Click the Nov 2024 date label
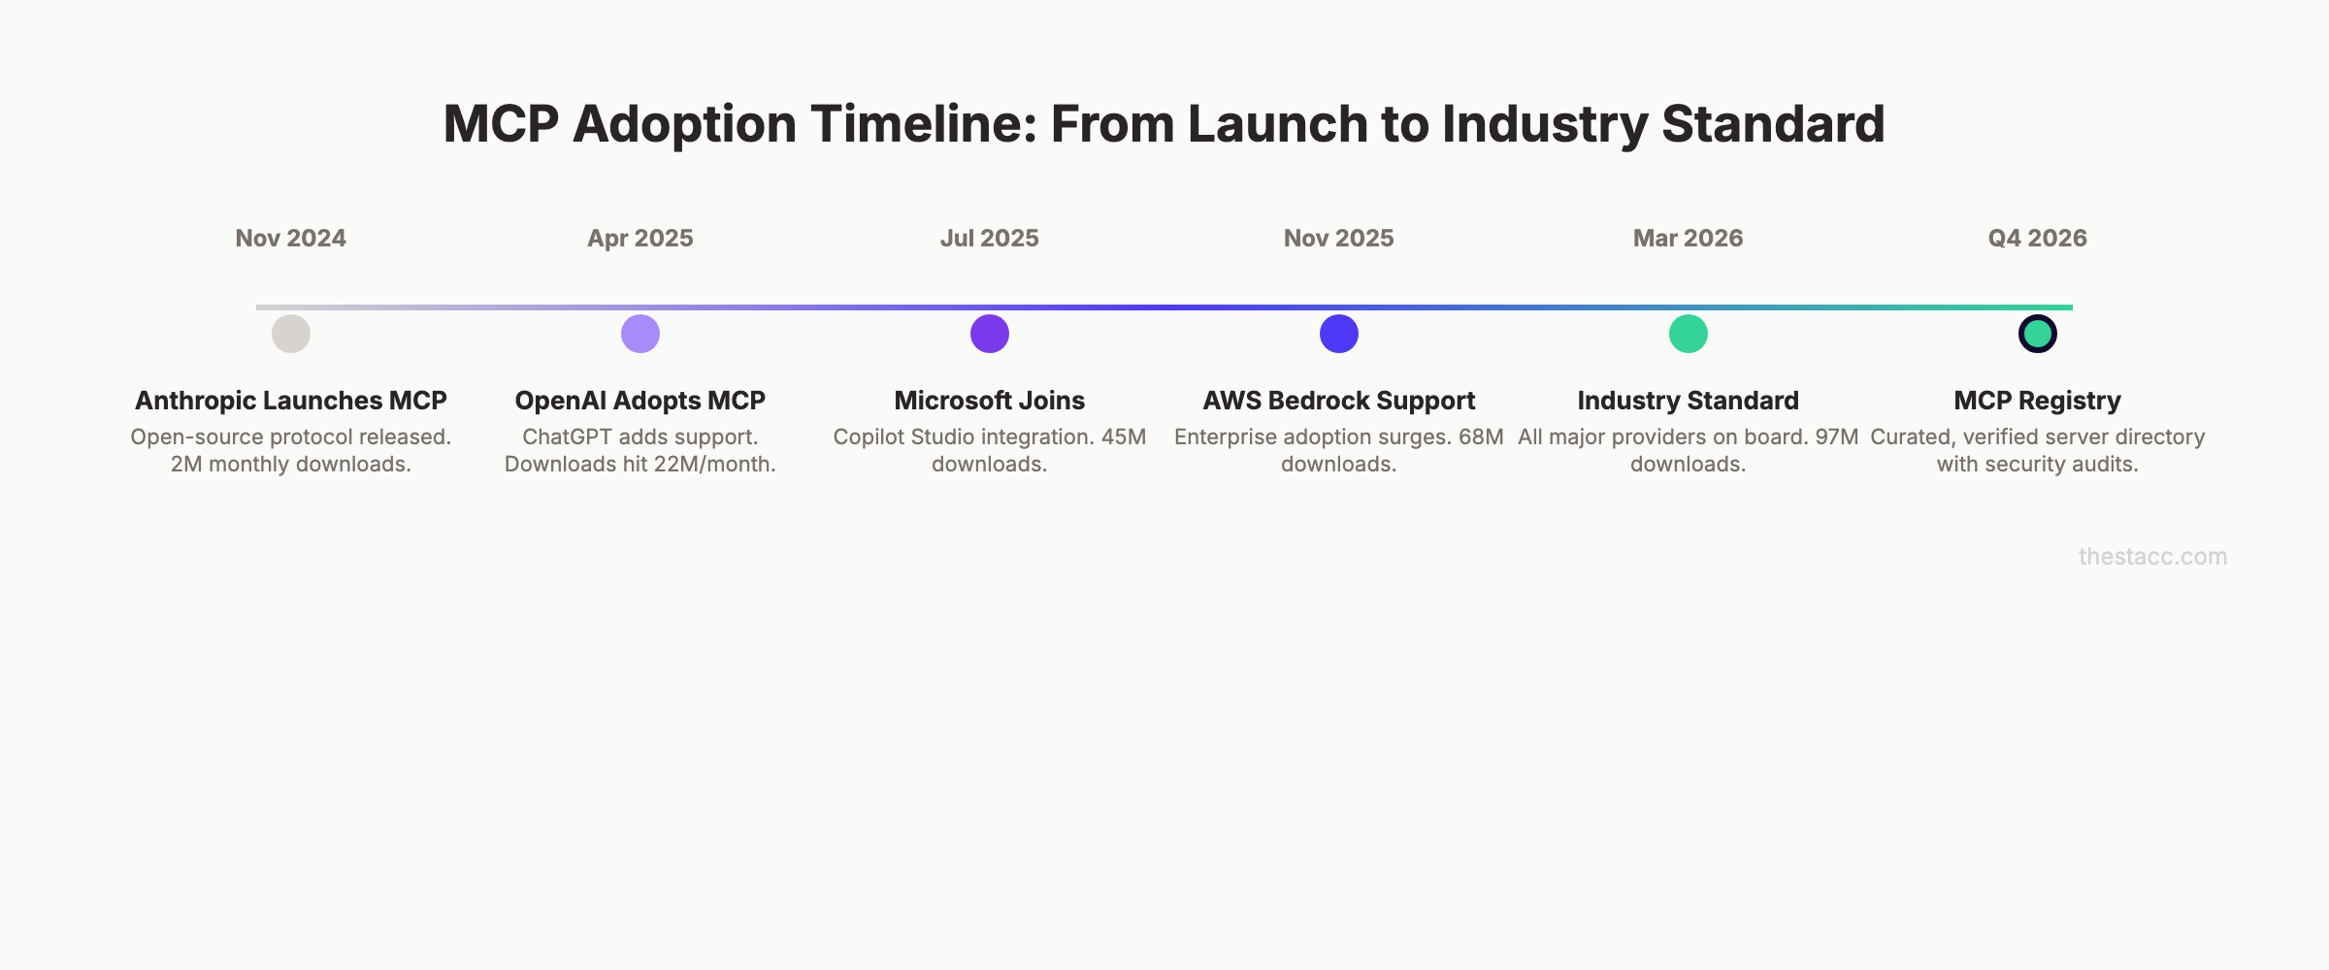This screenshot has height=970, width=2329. click(x=290, y=239)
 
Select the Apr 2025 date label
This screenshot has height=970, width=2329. click(x=640, y=239)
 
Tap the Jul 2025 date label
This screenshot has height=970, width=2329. click(x=989, y=239)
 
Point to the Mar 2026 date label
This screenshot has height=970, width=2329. click(x=1688, y=239)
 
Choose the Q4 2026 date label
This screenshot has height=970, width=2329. click(x=2037, y=239)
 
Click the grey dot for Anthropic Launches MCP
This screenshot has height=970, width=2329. click(x=291, y=334)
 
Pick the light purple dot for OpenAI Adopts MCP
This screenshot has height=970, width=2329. click(x=640, y=334)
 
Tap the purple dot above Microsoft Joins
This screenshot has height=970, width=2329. click(x=990, y=334)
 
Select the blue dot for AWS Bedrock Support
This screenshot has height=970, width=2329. click(x=1339, y=334)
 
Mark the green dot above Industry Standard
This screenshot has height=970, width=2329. click(x=1689, y=334)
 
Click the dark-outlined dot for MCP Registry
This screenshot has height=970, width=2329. click(x=2038, y=334)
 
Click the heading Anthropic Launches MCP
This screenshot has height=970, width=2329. click(x=290, y=401)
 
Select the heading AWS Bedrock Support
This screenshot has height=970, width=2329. click(x=1338, y=401)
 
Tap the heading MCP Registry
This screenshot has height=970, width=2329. click(x=2037, y=401)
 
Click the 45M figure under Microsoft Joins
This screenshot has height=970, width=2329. click(x=1123, y=437)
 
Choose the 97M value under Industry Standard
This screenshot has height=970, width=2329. click(x=1836, y=437)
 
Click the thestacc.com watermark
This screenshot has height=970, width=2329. click(x=2152, y=557)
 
